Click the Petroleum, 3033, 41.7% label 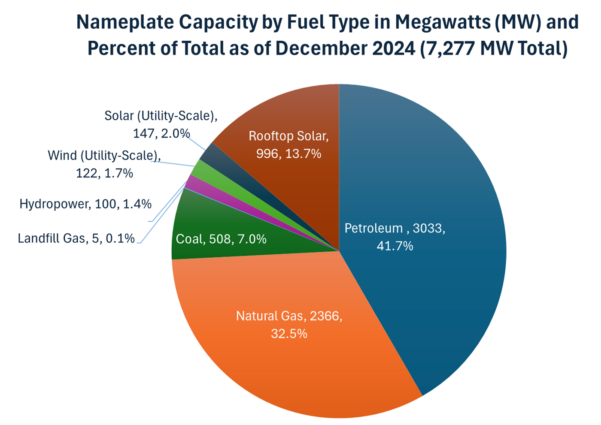coord(395,237)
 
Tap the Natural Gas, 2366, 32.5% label coord(289,325)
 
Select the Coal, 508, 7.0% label coord(221,239)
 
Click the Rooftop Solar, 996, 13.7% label coord(288,145)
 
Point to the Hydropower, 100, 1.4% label coord(85,204)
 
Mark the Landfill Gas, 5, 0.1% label coord(76,238)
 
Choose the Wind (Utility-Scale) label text coord(104,164)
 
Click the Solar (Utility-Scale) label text coord(161,124)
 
